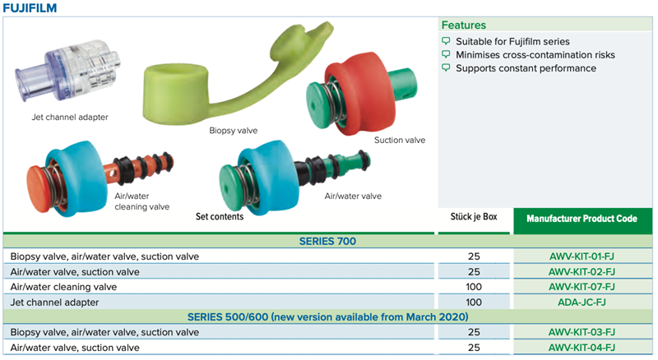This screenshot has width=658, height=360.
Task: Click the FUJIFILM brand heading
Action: coord(30,8)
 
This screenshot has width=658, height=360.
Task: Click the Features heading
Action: coord(463,25)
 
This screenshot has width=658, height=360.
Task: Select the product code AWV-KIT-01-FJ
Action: coord(582,256)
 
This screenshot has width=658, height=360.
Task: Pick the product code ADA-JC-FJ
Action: coord(582,302)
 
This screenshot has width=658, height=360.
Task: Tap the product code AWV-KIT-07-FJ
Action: coord(582,287)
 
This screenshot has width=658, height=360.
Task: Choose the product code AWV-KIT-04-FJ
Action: coord(582,348)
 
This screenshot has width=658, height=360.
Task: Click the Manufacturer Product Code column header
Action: coord(582,219)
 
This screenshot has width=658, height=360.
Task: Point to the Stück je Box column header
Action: coord(474,217)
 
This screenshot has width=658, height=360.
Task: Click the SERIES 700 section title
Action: coord(327,242)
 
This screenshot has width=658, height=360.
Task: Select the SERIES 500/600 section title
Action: coord(327,316)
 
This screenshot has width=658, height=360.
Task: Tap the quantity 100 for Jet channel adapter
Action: coord(474,302)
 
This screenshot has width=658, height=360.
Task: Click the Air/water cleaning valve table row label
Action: coord(64,287)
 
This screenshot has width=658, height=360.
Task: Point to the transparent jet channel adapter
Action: coord(67,72)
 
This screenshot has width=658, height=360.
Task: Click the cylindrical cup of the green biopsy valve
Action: coord(175,95)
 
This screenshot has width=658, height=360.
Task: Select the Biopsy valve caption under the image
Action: coord(234,131)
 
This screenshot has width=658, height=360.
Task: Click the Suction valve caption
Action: coord(400,141)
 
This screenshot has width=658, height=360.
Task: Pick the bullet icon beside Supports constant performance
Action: coord(446,67)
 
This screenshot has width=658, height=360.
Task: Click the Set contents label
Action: coord(220,216)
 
